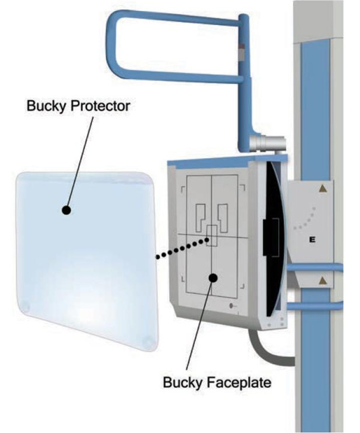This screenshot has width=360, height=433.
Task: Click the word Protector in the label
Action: click(100, 106)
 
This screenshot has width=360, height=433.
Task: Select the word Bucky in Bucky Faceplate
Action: click(183, 383)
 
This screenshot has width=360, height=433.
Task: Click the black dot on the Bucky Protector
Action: click(66, 211)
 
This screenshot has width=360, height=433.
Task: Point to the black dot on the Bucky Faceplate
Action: click(213, 278)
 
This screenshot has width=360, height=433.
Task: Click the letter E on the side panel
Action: click(312, 239)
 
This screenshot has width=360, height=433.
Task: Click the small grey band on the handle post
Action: click(242, 52)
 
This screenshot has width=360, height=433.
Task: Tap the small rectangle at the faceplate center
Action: click(212, 236)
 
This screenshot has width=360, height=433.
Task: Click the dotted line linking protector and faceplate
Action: click(183, 249)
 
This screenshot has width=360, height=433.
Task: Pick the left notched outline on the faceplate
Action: click(201, 218)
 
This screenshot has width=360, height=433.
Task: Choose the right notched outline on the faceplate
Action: click(223, 218)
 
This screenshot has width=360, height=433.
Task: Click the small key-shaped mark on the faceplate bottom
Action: click(232, 306)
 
